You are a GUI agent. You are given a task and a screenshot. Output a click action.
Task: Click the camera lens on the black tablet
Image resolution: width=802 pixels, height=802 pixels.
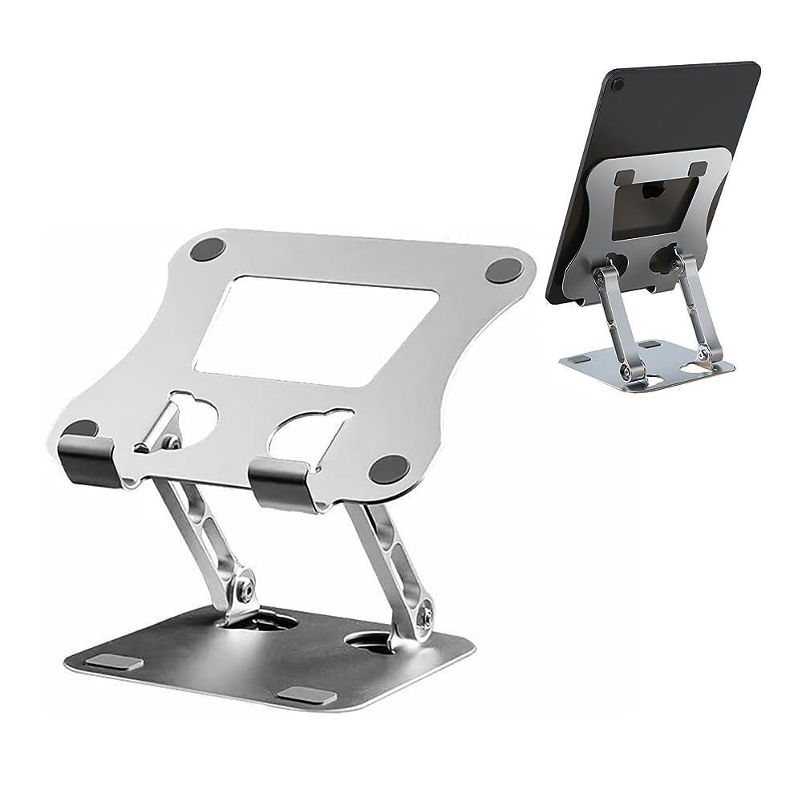coord(618,84)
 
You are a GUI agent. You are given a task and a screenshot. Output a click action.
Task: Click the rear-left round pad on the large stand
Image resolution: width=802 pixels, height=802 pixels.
coord(207,251)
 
